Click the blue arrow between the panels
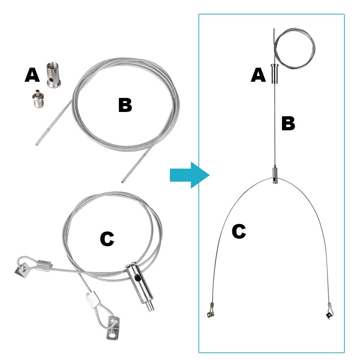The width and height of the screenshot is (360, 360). coord(190,175)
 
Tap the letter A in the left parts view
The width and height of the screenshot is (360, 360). coord(32,75)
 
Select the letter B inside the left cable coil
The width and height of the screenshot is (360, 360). coord(125,105)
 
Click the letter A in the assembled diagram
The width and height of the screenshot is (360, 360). coord(258,75)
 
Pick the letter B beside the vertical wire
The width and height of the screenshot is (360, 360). coord(288,123)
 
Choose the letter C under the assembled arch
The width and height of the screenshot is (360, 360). coord(239,231)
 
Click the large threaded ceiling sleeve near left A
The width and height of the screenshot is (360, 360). coord(54,75)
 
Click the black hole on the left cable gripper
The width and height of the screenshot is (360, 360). coord(137,278)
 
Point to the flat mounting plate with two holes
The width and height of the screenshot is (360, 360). coord(113,328)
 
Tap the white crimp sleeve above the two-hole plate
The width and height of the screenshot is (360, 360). coord(92,300)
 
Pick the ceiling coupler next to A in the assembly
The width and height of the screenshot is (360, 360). coord(274,74)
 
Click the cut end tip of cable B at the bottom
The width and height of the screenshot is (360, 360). coord(123,182)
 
